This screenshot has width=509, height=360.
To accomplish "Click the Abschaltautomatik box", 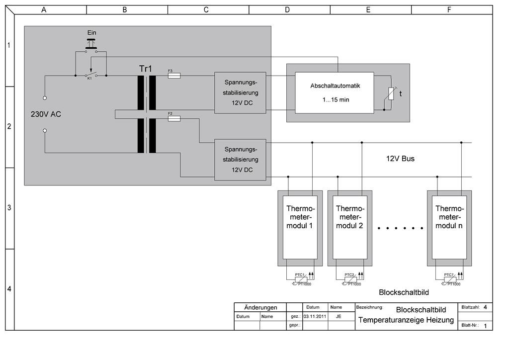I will (x=334, y=92).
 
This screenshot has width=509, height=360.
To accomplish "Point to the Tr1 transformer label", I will (x=145, y=68).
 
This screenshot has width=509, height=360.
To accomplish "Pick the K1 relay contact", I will (x=90, y=75).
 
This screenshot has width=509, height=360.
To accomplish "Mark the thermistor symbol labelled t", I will (x=391, y=93).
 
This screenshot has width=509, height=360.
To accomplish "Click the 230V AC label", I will (x=46, y=114).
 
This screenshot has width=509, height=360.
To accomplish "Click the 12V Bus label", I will (x=400, y=159).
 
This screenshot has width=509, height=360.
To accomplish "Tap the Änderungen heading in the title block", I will (x=260, y=307).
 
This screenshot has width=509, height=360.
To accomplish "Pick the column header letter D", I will (x=287, y=10).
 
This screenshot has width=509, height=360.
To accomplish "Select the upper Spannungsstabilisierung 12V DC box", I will (x=241, y=92).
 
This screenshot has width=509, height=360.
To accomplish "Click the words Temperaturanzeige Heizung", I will (x=406, y=320).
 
